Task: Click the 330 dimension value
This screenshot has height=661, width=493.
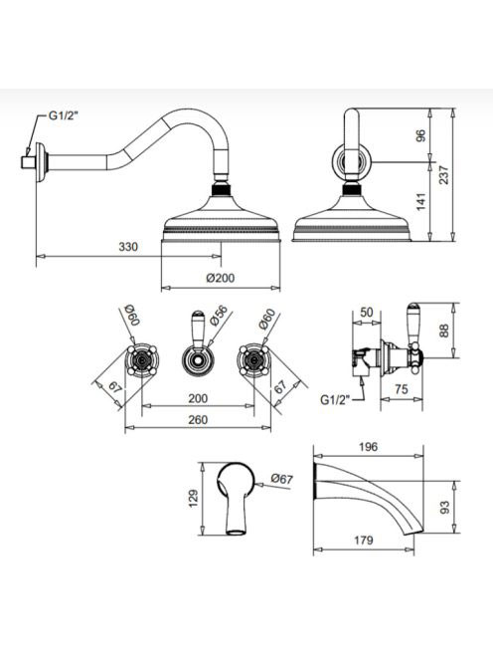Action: [128, 247]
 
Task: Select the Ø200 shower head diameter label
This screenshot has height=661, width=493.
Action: [221, 278]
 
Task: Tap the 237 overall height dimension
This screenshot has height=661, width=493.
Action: [443, 174]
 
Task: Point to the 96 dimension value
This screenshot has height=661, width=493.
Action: [420, 135]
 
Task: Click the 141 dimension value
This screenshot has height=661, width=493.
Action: [420, 202]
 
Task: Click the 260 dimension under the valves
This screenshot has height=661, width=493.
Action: [198, 420]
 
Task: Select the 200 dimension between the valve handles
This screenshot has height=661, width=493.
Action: [198, 398]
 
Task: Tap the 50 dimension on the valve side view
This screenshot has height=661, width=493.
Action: [367, 312]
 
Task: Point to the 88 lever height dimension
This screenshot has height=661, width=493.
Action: [443, 330]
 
